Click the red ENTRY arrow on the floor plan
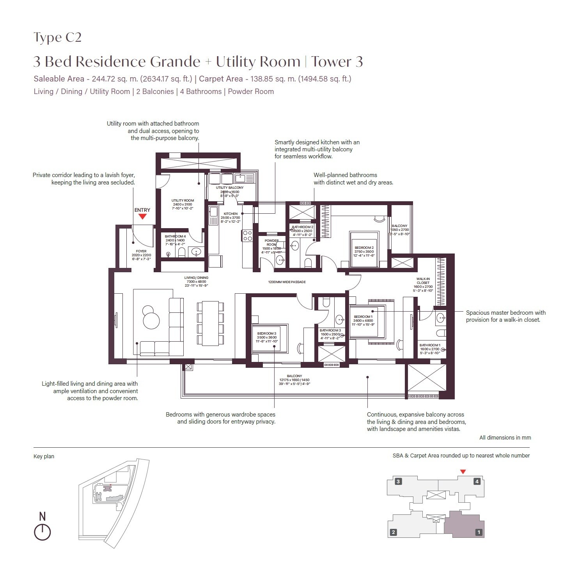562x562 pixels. [x=142, y=216]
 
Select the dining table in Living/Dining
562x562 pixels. [x=210, y=323]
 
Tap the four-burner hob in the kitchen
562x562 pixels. [x=247, y=236]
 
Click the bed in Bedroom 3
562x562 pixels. [x=270, y=339]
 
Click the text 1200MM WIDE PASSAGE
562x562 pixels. [x=287, y=282]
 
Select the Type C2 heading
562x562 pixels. [x=58, y=37]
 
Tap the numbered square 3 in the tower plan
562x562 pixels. [x=398, y=481]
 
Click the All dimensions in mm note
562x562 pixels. [x=505, y=438]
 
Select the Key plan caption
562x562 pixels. [x=44, y=456]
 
